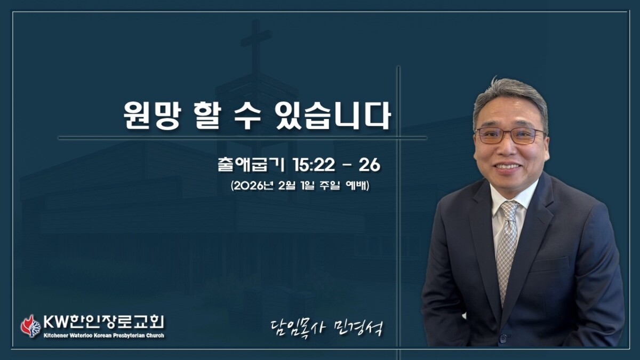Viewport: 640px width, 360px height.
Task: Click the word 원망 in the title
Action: pos(151,116)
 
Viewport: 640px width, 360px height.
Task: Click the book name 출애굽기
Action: pos(251,165)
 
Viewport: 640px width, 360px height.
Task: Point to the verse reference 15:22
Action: pos(314,165)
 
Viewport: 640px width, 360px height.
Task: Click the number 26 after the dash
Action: pos(370,165)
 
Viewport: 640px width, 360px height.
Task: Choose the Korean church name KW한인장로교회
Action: pos(103,322)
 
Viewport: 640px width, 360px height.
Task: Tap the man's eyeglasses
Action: pos(510,135)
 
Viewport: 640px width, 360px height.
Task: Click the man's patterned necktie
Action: pos(507,249)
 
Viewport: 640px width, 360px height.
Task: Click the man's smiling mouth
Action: pos(507,166)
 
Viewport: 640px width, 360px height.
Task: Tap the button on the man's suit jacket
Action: pos(502,339)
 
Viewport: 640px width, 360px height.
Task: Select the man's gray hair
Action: pos(511,100)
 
